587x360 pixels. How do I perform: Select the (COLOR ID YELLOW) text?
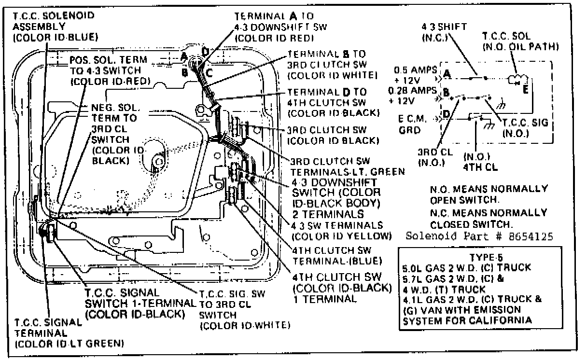[340, 236]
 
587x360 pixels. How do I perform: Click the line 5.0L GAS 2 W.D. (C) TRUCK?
[467, 267]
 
